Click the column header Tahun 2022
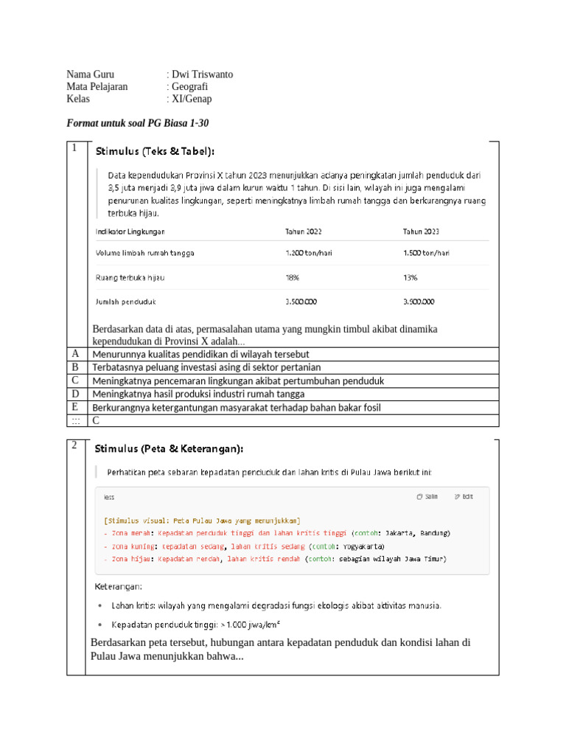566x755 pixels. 304,232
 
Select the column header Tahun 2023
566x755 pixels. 421,232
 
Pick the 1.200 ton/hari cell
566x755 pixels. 309,253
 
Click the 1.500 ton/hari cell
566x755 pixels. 426,253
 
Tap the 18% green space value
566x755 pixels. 293,277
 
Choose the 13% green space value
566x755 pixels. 410,277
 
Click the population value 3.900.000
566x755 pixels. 419,302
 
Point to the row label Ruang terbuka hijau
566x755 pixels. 130,277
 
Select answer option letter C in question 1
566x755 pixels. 75,380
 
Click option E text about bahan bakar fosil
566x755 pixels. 237,407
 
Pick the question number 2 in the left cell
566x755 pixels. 74,445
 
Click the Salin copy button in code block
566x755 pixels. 427,497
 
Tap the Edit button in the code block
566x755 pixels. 464,497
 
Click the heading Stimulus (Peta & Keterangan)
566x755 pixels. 168,448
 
